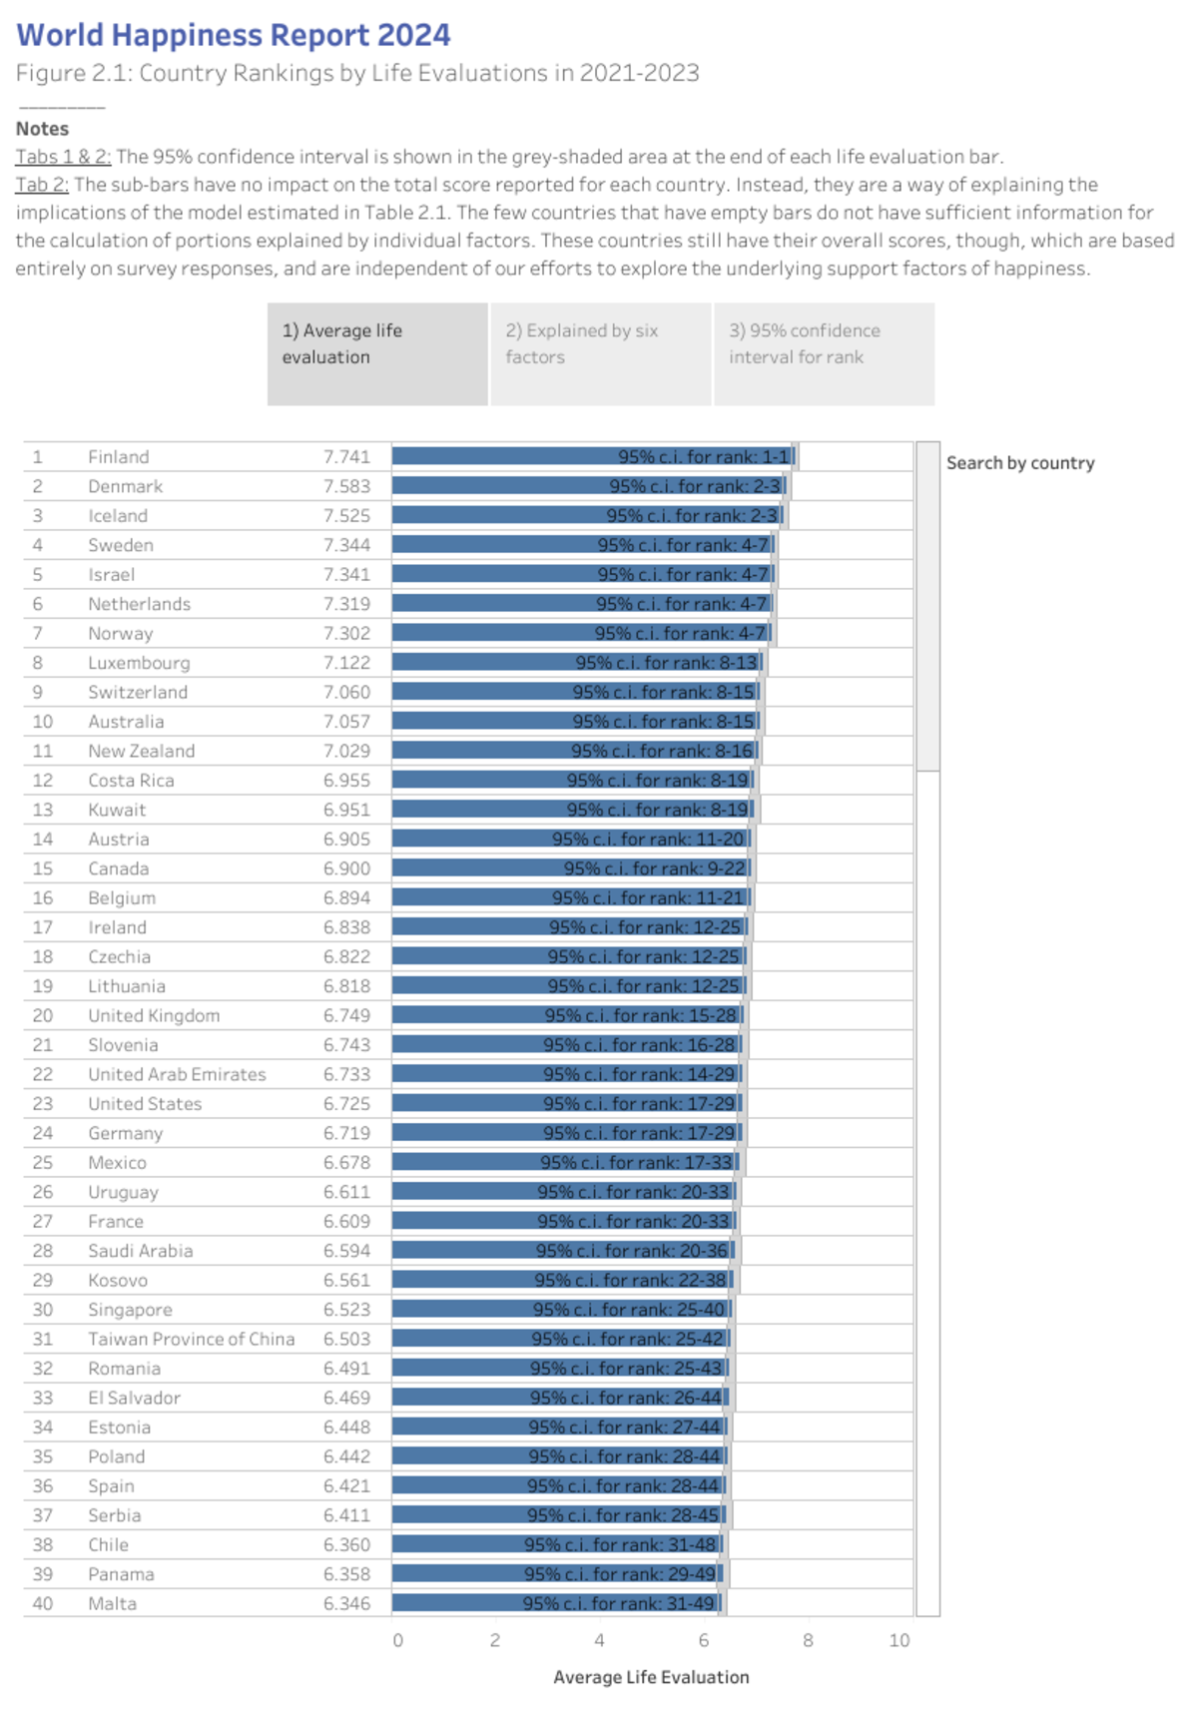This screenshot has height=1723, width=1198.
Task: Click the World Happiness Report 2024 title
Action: pos(234,35)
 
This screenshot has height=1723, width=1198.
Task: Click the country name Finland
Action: pos(118,457)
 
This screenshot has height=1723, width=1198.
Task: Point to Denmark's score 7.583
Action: pos(346,486)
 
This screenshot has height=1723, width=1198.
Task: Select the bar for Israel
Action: pos(583,575)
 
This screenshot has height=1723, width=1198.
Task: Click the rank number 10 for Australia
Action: pos(42,722)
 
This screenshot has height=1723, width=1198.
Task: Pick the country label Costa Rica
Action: pos(131,781)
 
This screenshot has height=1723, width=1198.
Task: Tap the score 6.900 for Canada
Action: pos(346,868)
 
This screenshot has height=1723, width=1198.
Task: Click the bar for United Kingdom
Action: pos(567,1015)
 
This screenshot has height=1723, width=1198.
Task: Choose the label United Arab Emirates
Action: pos(177,1074)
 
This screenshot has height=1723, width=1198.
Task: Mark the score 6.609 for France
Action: pos(346,1221)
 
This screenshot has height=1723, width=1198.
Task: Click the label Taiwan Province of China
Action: pos(191,1339)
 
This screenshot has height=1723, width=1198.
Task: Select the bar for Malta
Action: pos(556,1603)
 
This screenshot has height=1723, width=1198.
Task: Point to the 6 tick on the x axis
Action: pos(704,1640)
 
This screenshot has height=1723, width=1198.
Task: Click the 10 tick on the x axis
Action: pos(899,1640)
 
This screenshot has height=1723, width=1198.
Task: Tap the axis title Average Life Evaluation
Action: pos(651,1677)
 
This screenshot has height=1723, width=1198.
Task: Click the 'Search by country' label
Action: pos(1020,463)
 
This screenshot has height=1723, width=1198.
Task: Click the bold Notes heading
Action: pos(42,129)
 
